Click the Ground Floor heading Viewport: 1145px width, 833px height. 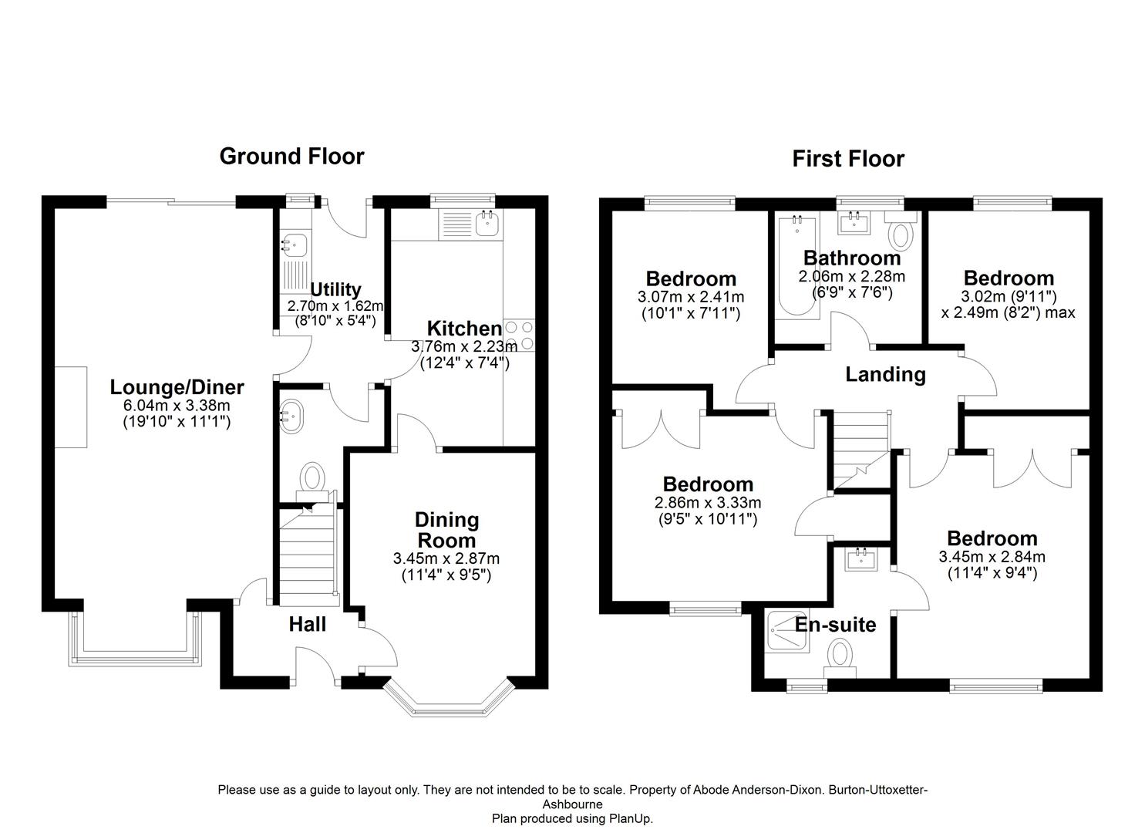click(x=291, y=156)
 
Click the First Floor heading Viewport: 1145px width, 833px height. click(x=847, y=159)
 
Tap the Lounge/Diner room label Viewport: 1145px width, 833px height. click(x=177, y=387)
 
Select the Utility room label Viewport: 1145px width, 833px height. click(x=335, y=289)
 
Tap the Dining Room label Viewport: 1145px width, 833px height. click(x=446, y=529)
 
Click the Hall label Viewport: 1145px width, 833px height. click(x=307, y=624)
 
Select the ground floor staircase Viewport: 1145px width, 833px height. click(x=308, y=551)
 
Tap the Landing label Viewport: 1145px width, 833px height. click(x=885, y=374)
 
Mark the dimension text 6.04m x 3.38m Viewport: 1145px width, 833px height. click(x=177, y=406)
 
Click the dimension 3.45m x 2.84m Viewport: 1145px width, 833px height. click(x=992, y=557)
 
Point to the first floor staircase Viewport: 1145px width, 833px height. click(x=860, y=450)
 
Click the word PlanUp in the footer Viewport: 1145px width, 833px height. click(x=632, y=818)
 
